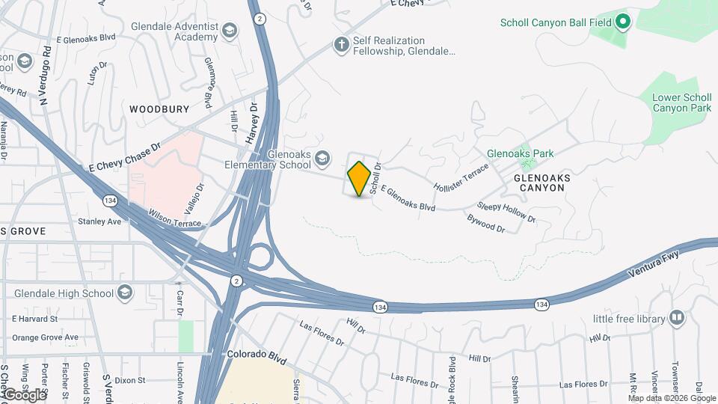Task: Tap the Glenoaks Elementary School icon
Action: click(x=322, y=157)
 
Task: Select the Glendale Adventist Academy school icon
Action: click(x=230, y=31)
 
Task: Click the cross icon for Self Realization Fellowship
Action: click(x=342, y=46)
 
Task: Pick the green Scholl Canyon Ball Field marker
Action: click(x=622, y=22)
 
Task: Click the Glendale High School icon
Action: click(x=125, y=292)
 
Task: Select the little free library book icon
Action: click(x=677, y=319)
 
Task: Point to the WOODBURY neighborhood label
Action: click(x=159, y=109)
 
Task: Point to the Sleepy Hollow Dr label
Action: click(x=506, y=212)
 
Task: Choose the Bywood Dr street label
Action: click(x=486, y=223)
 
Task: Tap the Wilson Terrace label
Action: click(x=175, y=218)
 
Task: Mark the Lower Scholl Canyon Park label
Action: click(x=681, y=102)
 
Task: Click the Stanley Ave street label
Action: click(x=99, y=221)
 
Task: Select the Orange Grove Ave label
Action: click(x=45, y=337)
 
